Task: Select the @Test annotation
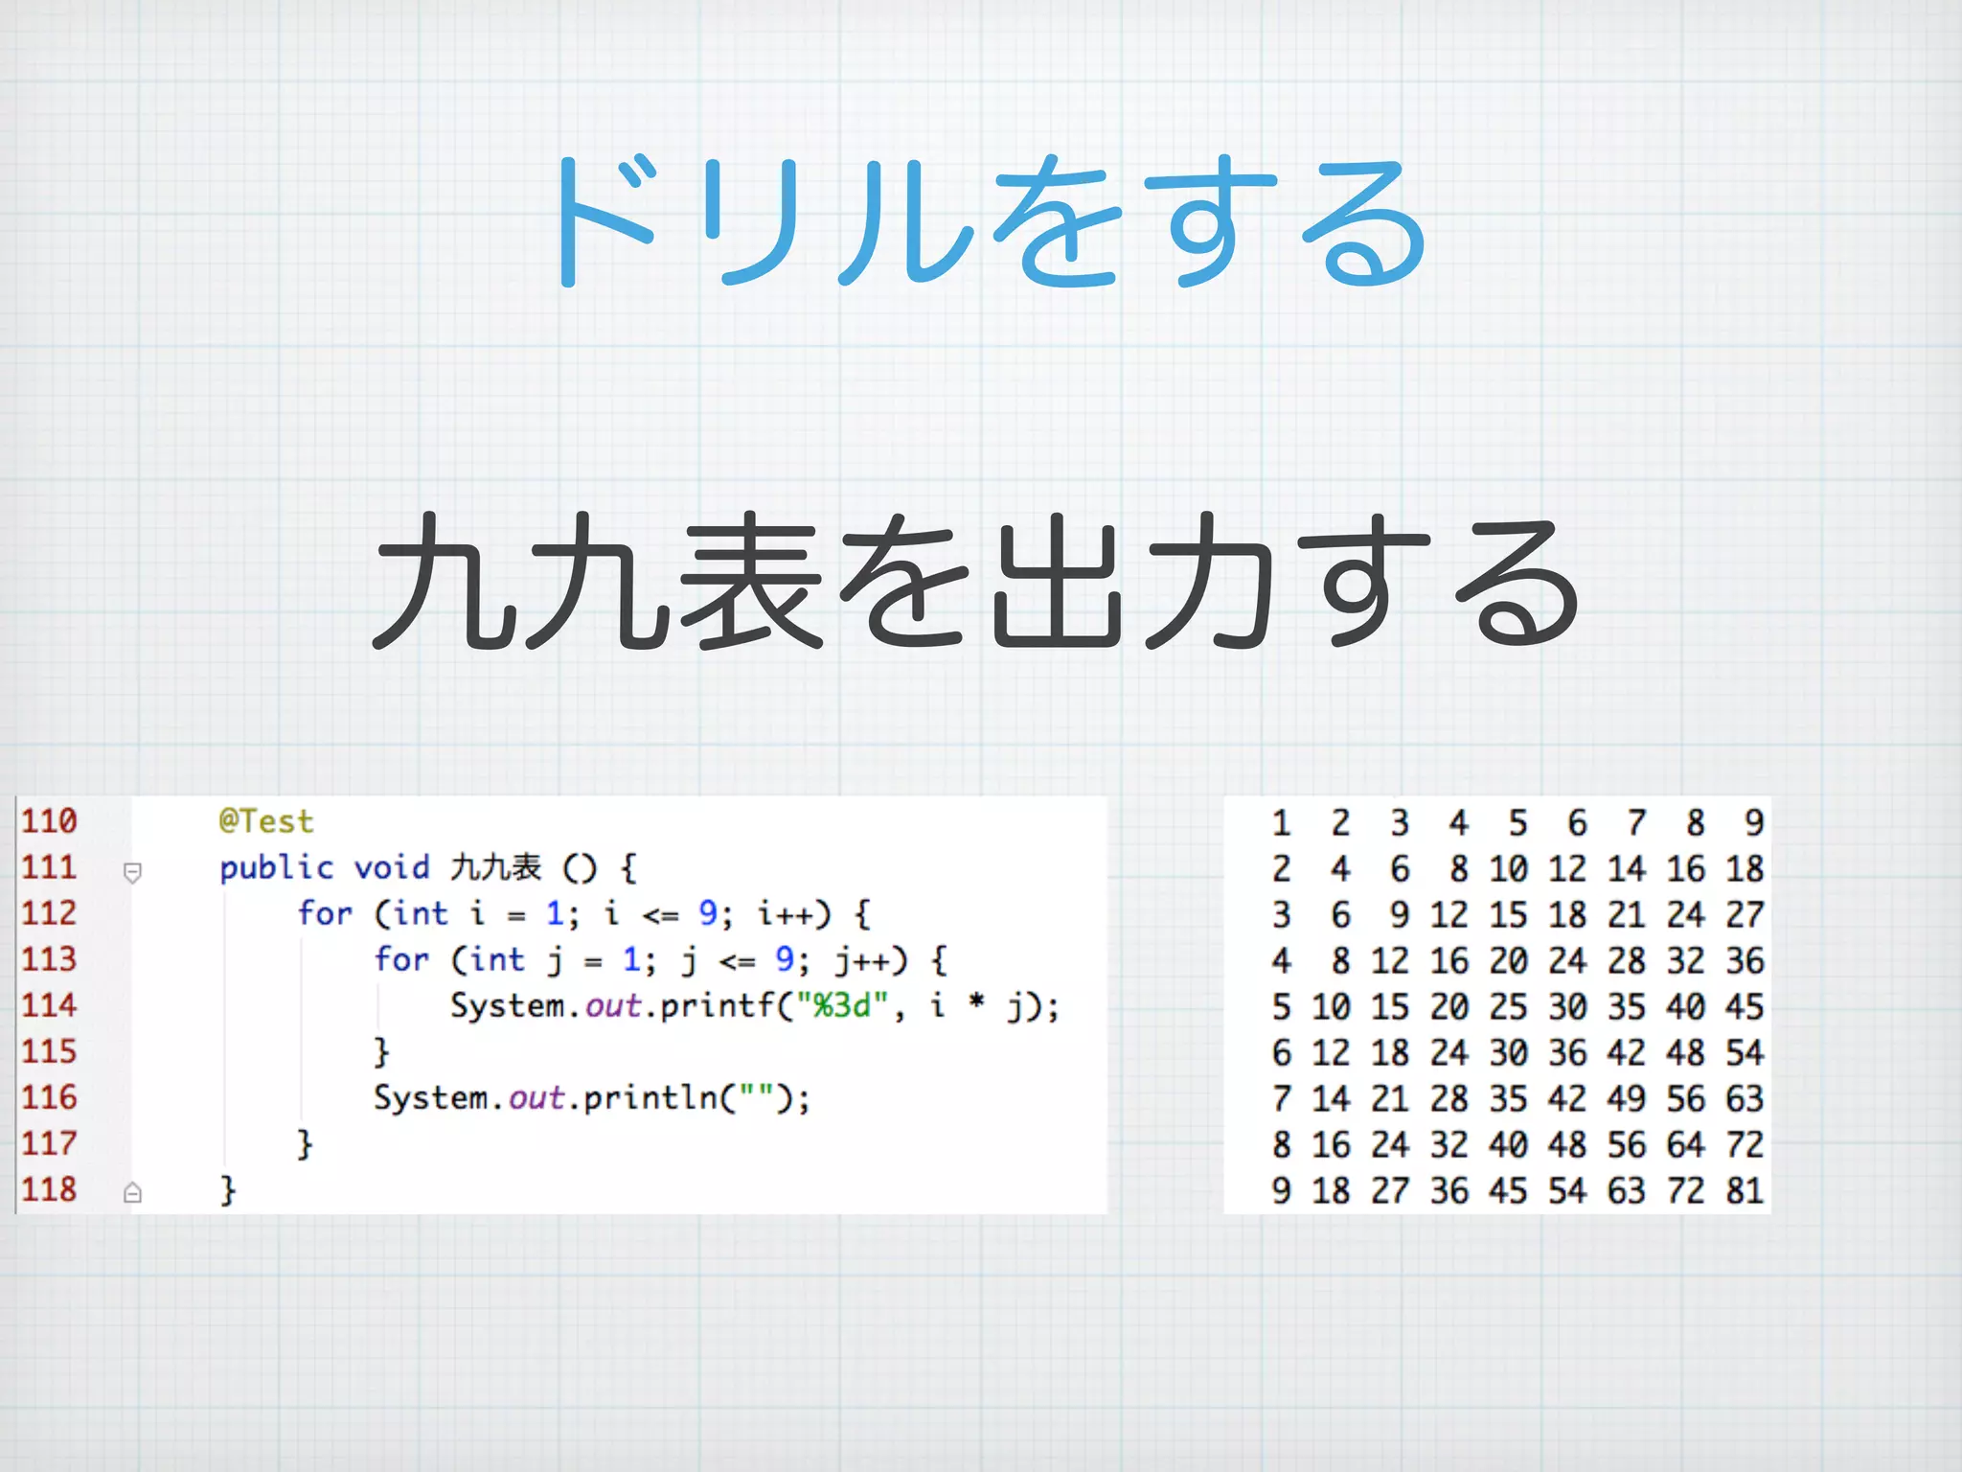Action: [x=266, y=821]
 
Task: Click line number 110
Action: [x=49, y=821]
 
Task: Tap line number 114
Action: [x=49, y=1005]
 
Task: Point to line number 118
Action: [x=49, y=1189]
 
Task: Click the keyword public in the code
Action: [x=276, y=868]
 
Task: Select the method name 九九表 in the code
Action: [x=496, y=867]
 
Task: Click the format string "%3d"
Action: [x=842, y=1005]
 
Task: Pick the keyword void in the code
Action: [x=392, y=868]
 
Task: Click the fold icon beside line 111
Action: [x=133, y=872]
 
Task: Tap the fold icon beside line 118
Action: [x=133, y=1193]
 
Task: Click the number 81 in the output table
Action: [x=1745, y=1190]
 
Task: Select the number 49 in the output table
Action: [x=1627, y=1098]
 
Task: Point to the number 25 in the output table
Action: [x=1508, y=1006]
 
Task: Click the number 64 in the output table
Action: [x=1685, y=1144]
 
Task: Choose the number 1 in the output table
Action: [x=1281, y=822]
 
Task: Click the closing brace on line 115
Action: [x=381, y=1052]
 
